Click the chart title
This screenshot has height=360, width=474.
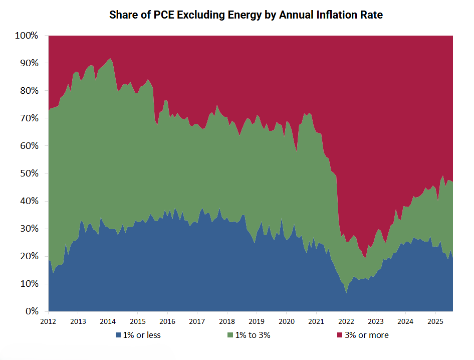[246, 15]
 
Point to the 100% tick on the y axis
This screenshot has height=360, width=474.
[27, 36]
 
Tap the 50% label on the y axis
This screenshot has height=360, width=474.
[29, 173]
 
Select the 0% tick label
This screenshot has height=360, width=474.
[32, 311]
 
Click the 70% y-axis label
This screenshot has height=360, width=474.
[29, 118]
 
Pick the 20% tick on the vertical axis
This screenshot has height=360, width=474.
[29, 256]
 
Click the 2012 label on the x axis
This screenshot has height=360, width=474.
[49, 321]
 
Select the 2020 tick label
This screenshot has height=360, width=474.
[287, 321]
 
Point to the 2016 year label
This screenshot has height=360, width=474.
[167, 321]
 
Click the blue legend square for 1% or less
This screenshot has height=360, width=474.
[118, 335]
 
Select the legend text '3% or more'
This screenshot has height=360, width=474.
[366, 335]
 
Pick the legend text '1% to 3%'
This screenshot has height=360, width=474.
[254, 335]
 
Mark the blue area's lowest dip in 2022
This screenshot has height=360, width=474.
[346, 293]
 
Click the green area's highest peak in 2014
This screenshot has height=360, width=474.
[110, 59]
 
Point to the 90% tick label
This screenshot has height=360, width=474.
[29, 63]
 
